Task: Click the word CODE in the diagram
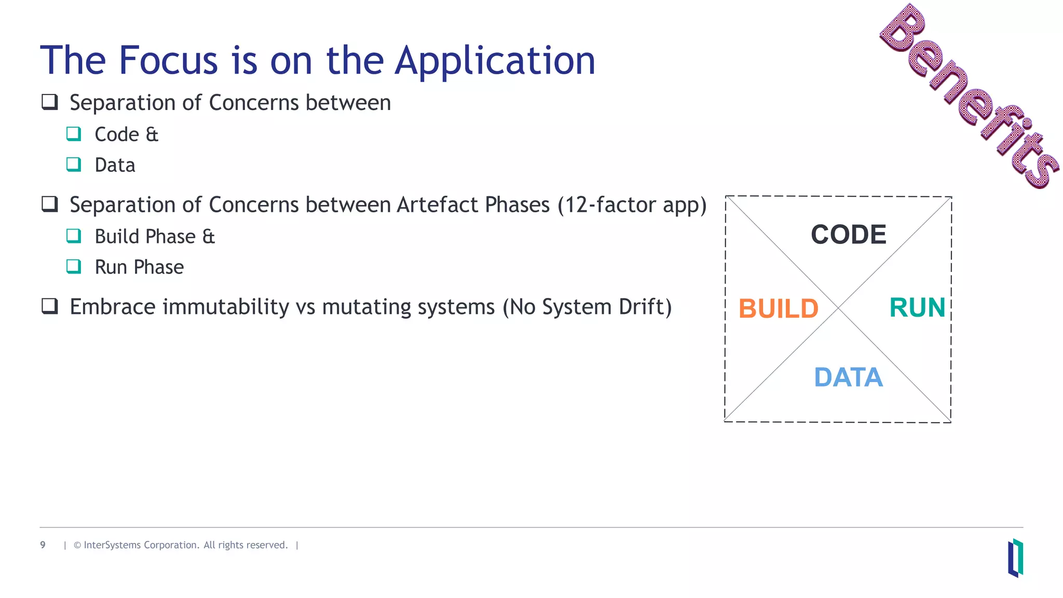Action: click(848, 235)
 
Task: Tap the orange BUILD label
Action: click(778, 309)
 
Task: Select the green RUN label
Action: click(917, 307)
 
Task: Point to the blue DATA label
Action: click(848, 377)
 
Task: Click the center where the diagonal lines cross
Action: click(838, 309)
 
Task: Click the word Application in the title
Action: click(495, 61)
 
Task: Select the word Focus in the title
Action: click(168, 60)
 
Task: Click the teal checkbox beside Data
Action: click(74, 165)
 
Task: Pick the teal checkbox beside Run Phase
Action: click(74, 266)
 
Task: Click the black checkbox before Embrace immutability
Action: click(50, 306)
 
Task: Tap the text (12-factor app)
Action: click(632, 205)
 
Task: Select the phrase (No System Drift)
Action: click(587, 307)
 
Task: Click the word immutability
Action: click(226, 307)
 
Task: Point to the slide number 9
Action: click(43, 545)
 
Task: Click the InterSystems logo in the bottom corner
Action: click(1015, 558)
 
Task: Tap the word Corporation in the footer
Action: click(171, 545)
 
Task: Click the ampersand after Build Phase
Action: click(208, 237)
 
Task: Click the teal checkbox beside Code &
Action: click(74, 134)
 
